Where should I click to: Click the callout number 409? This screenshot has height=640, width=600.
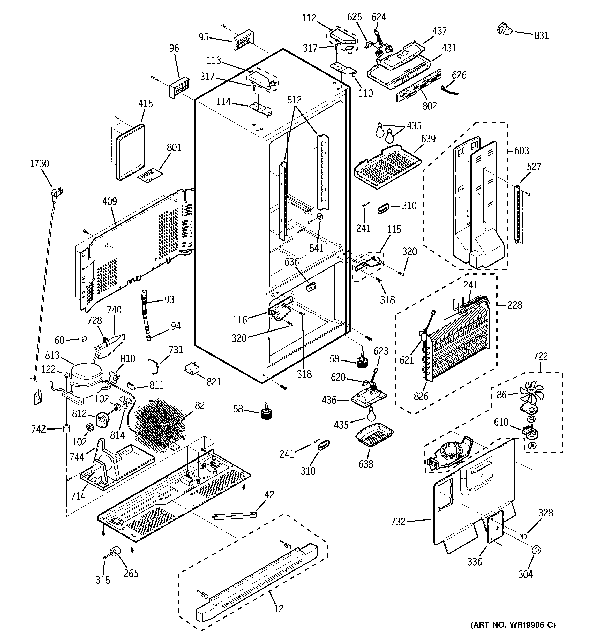coord(109,201)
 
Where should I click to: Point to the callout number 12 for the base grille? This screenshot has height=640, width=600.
coord(279,608)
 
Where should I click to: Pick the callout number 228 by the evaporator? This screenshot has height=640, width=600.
coord(514,305)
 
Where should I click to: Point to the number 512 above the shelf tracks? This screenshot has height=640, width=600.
coord(294,100)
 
